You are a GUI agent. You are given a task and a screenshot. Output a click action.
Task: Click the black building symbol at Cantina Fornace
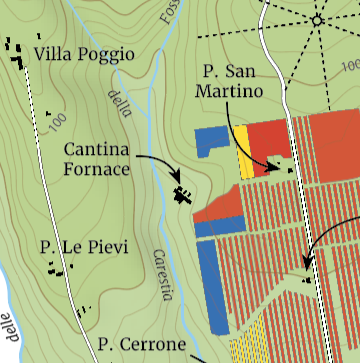182,194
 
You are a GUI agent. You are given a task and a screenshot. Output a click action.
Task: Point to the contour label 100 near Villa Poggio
57,125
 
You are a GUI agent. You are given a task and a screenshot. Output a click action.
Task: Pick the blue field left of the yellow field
213,141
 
